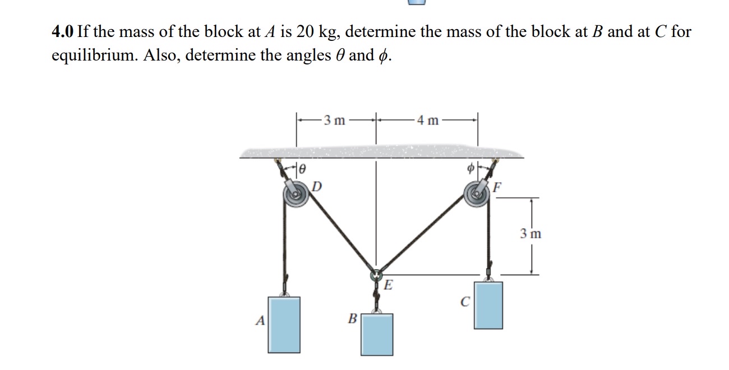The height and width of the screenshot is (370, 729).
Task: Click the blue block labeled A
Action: click(284, 324)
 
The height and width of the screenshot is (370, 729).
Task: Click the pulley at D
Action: click(295, 197)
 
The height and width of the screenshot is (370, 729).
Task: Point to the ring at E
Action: click(376, 275)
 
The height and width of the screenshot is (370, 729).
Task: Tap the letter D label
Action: click(317, 186)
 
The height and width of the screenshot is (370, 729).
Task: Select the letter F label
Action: click(498, 187)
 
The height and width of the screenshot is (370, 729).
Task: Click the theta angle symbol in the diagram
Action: click(302, 167)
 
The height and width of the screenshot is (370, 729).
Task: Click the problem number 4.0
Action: click(62, 31)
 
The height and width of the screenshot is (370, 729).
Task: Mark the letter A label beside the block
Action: click(260, 321)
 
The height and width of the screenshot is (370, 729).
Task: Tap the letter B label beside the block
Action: click(352, 320)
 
